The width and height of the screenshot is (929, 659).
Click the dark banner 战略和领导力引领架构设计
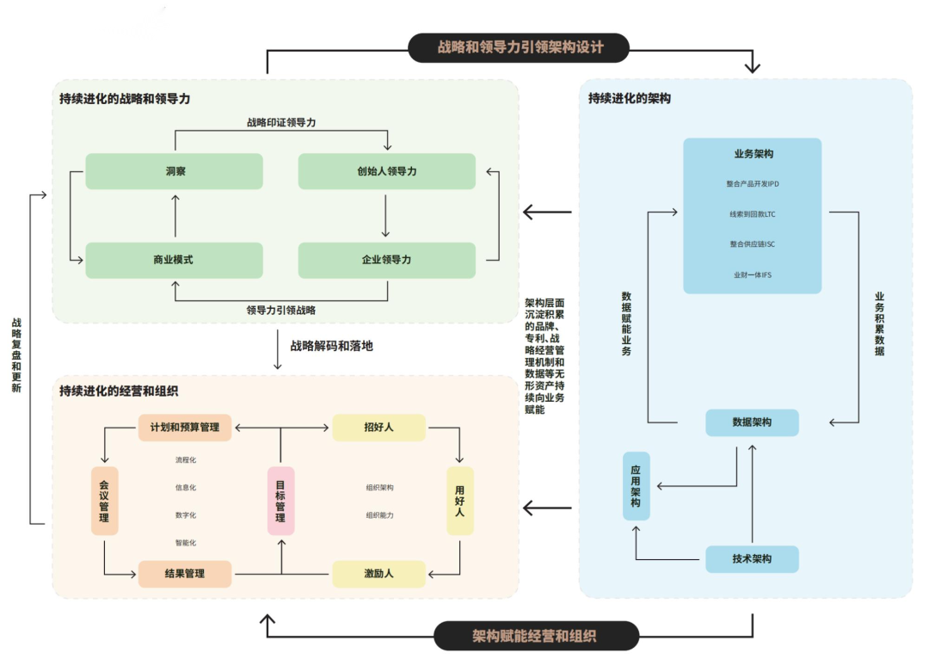(519, 47)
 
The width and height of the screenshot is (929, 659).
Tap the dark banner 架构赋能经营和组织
(535, 636)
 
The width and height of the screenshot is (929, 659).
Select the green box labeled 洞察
(175, 171)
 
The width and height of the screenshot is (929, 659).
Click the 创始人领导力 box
(386, 171)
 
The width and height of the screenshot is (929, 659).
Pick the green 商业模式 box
(175, 260)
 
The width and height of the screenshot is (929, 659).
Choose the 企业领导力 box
(386, 260)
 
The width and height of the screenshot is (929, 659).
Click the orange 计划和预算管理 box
(185, 428)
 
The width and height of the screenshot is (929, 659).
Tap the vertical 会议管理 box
(104, 501)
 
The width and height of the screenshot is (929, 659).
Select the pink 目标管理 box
(280, 501)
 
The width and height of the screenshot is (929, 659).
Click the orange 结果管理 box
(185, 574)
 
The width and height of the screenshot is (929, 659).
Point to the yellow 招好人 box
(378, 428)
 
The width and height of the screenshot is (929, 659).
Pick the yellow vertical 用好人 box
(459, 501)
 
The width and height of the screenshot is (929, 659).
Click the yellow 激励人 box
(378, 574)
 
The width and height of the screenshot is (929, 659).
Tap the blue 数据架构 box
(752, 422)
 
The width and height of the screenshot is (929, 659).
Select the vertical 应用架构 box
(636, 486)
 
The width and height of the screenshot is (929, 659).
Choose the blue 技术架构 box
(752, 559)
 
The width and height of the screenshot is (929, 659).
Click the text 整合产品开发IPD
(752, 184)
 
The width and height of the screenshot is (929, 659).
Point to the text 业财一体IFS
(752, 275)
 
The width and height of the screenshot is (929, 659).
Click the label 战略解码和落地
(331, 347)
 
